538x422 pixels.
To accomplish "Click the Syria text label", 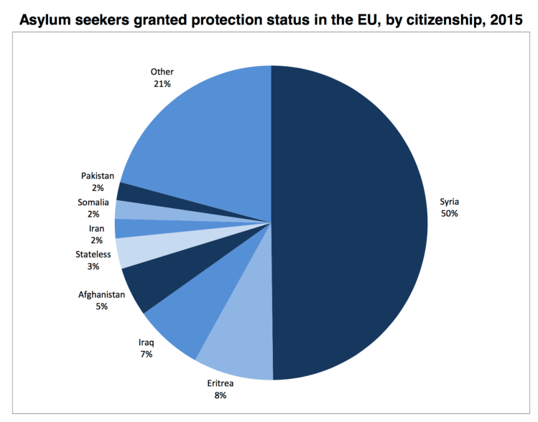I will [450, 202].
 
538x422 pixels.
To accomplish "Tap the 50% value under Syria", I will [450, 214].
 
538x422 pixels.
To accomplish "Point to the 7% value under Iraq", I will [146, 354].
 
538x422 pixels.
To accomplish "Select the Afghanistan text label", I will [102, 294].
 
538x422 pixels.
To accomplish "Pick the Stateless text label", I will [93, 254].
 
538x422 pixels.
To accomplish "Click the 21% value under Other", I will [162, 83].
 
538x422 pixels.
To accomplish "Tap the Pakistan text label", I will [97, 176].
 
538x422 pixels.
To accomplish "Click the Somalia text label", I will [93, 202].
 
